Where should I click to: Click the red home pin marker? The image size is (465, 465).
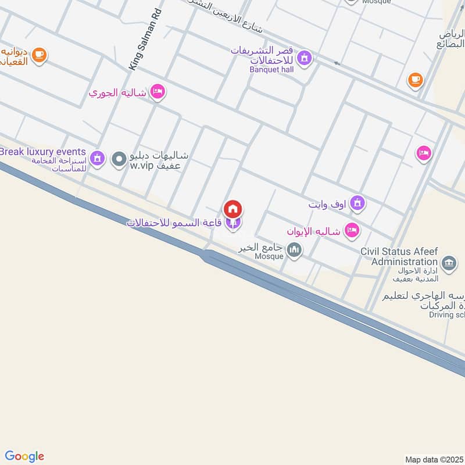[233, 209]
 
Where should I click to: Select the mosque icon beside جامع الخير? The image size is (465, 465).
[295, 251]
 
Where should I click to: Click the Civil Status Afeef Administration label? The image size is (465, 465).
[399, 257]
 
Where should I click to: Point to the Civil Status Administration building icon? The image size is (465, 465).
[448, 263]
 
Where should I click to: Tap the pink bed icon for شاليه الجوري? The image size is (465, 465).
[157, 92]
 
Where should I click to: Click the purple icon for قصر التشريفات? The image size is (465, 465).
[303, 58]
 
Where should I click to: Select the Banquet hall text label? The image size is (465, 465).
[271, 70]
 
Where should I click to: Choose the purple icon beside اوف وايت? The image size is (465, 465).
[357, 203]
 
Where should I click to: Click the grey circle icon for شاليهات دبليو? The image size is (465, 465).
[120, 159]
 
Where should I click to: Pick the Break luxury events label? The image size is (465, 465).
[43, 152]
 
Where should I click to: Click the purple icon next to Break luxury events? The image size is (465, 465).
[98, 158]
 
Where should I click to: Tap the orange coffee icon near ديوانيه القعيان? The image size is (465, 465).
[40, 55]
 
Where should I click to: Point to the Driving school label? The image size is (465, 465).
[446, 315]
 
